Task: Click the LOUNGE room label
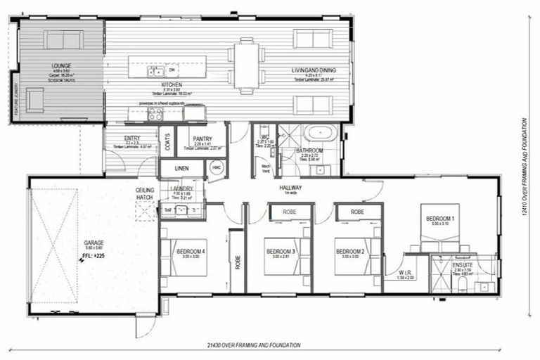coord(61,66)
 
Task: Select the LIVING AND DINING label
coord(314,70)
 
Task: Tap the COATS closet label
coord(166,142)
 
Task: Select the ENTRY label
coord(131,139)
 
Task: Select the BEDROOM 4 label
coord(191,251)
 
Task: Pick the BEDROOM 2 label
coord(348,251)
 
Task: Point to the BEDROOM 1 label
coord(440,219)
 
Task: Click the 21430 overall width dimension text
coord(255,345)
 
